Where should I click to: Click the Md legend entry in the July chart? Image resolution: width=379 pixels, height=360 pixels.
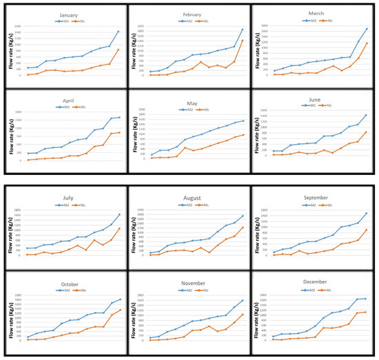pos(59,204)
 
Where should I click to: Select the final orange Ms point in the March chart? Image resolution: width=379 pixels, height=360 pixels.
pos(367,43)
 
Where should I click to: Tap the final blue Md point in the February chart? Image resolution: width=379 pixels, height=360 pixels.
pos(243,29)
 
